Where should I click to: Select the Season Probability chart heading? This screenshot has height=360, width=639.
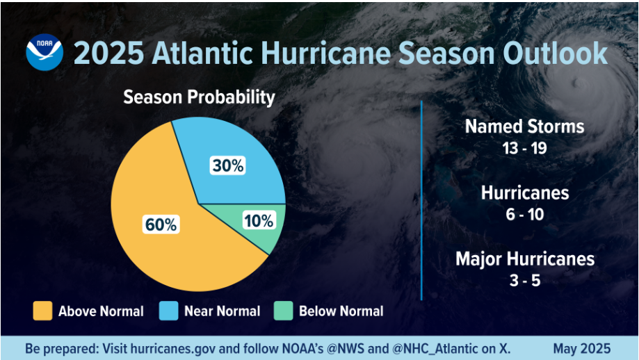coord(199,97)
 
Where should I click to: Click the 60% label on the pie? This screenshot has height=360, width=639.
coord(161,224)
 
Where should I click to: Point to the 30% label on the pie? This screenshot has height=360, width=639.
coord(227,165)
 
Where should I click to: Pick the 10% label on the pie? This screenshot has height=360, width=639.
coord(259,221)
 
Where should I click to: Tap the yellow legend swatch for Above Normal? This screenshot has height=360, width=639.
coord(42,311)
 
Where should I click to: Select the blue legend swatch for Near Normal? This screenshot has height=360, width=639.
coord(168,311)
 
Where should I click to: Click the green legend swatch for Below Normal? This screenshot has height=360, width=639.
coord(283,311)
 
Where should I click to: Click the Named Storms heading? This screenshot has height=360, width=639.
coord(524,126)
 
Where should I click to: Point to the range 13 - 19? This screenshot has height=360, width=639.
coord(525,148)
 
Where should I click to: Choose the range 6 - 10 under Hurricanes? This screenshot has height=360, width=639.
coord(525,214)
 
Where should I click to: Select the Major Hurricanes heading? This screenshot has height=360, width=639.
coord(525,259)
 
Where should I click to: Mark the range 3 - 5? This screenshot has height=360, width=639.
coord(525,280)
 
